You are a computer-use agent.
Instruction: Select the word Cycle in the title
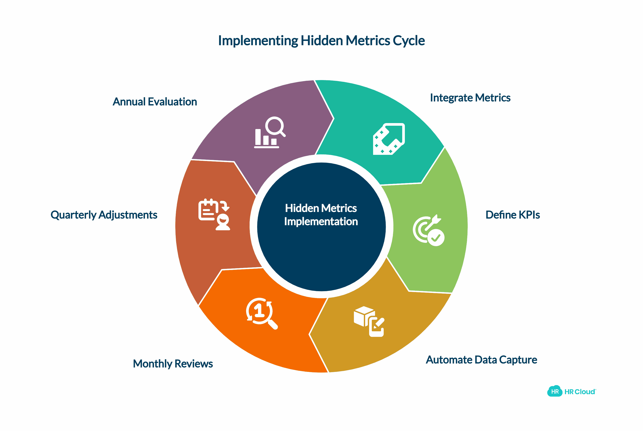[x=409, y=41]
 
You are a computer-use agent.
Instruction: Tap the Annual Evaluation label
[x=155, y=102]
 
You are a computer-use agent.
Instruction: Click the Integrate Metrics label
[x=470, y=98]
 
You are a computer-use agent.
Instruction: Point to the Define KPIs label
[x=512, y=215]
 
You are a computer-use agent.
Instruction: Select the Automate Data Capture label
[x=481, y=360]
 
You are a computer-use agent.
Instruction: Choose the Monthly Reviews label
[x=173, y=364]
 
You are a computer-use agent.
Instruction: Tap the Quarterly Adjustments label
[x=104, y=215]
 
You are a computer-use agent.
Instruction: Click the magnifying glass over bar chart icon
[x=269, y=133]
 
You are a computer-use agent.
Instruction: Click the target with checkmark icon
[x=428, y=230]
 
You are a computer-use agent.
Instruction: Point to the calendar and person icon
[x=214, y=214]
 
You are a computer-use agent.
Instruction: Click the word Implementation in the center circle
[x=321, y=221]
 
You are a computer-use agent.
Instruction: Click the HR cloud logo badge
[x=555, y=392]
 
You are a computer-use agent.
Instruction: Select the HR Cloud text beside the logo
[x=580, y=392]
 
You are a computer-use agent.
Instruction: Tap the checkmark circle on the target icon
[x=436, y=238]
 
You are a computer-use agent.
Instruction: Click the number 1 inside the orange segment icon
[x=259, y=311]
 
